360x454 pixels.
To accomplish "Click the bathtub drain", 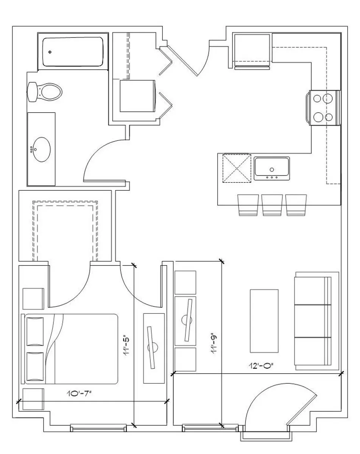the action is point(50,52).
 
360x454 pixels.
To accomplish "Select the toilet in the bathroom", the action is point(45,92).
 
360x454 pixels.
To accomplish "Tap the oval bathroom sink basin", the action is point(42,149).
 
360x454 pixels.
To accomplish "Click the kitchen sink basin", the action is point(271,169).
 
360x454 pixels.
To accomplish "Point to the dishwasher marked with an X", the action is point(237,168).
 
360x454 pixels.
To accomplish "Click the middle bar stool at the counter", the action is point(272,205).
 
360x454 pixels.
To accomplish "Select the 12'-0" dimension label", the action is point(261,365).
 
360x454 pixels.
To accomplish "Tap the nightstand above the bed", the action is point(33,299).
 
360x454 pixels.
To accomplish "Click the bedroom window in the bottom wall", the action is point(98,428).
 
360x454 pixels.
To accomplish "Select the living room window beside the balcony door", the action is point(210,428).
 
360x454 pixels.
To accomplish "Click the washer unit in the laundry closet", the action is point(138,96).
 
